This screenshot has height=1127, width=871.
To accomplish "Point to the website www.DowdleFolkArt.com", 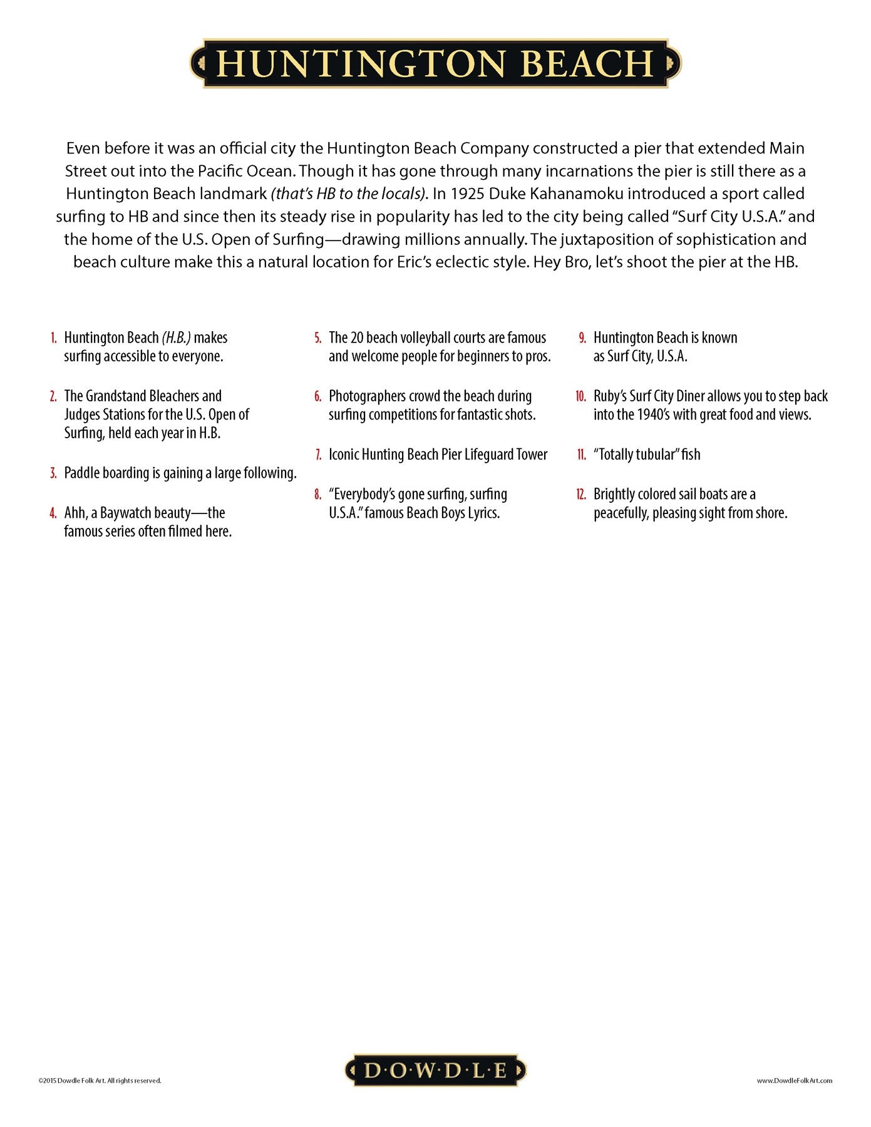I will pos(794,1080).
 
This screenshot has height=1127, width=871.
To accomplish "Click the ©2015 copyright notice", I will pos(100,1080).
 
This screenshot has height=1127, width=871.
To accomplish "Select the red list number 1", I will pos(54,338).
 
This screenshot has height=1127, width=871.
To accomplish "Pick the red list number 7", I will pos(319,455).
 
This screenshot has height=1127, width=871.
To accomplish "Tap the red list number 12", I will pos(581,495).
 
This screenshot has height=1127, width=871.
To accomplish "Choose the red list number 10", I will pos(581,396).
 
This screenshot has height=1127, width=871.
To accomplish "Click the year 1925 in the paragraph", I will pos(467,193).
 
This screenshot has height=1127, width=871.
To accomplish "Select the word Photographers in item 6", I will pos(367,396).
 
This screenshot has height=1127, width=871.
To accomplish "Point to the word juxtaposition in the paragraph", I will pos(607,239).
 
